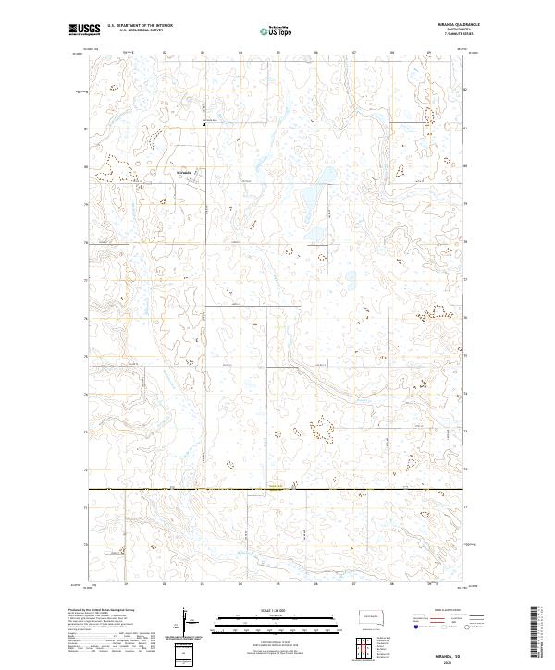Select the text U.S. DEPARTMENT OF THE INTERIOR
[140, 26]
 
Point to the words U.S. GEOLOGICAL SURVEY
[134, 31]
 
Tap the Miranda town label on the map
[183, 171]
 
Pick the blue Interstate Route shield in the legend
[413, 626]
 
